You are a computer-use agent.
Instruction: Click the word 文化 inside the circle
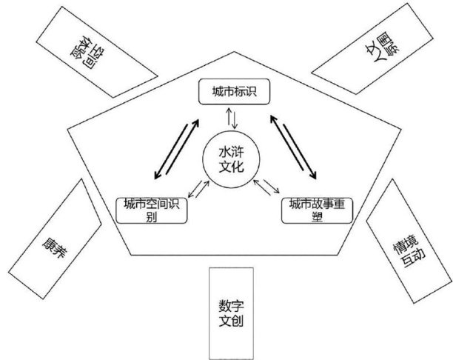[x=229, y=167]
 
